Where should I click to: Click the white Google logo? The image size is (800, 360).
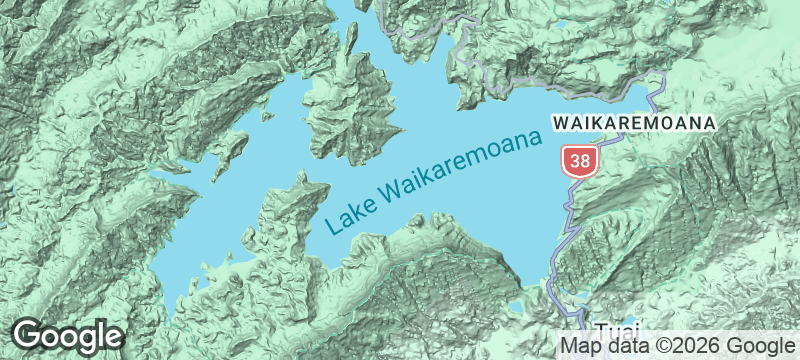point(68,336)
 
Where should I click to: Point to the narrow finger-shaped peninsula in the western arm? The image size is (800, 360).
point(230,155)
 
